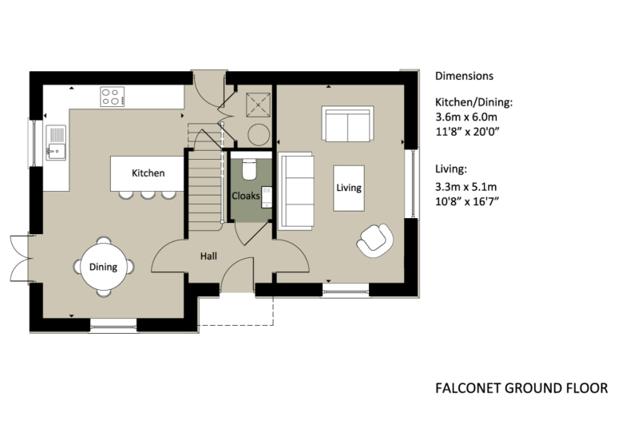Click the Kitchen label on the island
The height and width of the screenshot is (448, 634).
(149, 172)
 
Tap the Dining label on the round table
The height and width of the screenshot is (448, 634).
(103, 268)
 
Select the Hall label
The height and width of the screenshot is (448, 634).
(209, 256)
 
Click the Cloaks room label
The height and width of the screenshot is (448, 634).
(245, 195)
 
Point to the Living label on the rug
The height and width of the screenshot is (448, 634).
(349, 188)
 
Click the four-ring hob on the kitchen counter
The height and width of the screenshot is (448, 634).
(113, 97)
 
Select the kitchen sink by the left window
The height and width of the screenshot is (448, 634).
(56, 143)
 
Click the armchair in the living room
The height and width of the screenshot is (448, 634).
(375, 239)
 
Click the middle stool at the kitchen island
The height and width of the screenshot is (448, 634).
(148, 193)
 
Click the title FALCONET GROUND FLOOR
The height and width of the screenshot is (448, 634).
(521, 388)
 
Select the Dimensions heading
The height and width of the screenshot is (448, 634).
(464, 77)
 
